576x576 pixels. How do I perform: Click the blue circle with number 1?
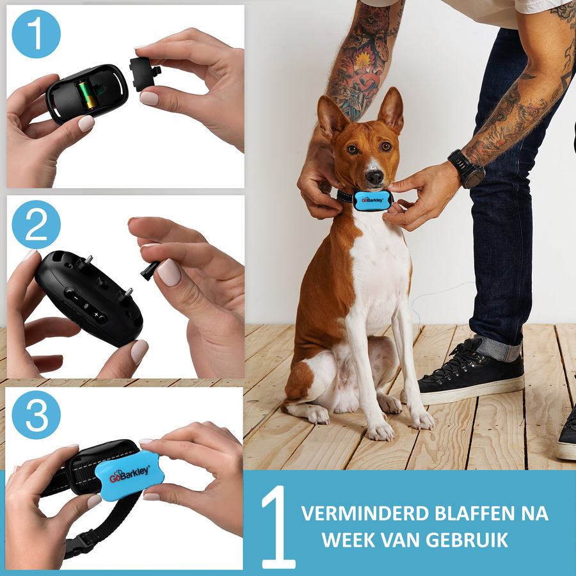[36, 35]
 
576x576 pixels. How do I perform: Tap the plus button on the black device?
[97, 316]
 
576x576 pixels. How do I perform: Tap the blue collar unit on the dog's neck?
[372, 200]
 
